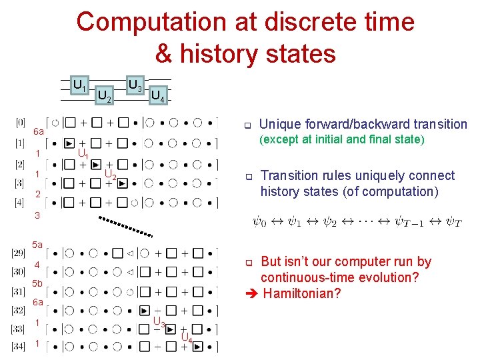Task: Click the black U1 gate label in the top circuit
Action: [80, 85]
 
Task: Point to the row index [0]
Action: [20, 122]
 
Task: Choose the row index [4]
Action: [20, 202]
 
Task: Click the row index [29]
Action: [20, 254]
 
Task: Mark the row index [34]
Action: [20, 346]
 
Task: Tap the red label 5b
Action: [37, 284]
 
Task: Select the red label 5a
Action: [37, 245]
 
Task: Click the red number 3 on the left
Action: [37, 216]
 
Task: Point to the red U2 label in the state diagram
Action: [111, 176]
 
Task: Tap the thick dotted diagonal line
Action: [126, 227]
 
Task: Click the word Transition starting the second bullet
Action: [289, 176]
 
